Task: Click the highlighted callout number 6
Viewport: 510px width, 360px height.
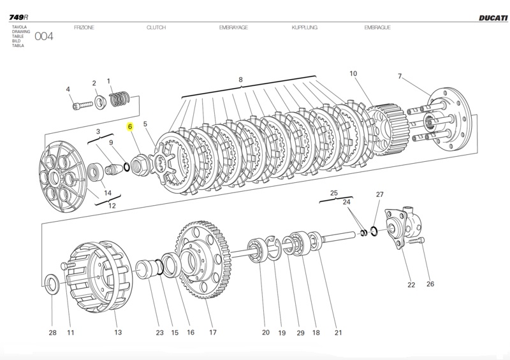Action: [130, 127]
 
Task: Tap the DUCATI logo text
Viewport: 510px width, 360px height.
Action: [493, 18]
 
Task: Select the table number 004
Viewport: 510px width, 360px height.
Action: [44, 36]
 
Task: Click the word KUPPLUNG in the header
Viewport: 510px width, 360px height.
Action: [305, 28]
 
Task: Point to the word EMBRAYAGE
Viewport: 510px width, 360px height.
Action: [233, 28]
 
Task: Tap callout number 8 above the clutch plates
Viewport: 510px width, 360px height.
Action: [241, 80]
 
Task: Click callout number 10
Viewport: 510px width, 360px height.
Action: [353, 74]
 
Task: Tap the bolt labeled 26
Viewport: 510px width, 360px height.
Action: [418, 241]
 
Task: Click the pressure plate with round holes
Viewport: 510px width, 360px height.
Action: [64, 172]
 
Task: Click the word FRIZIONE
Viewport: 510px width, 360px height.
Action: [85, 28]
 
